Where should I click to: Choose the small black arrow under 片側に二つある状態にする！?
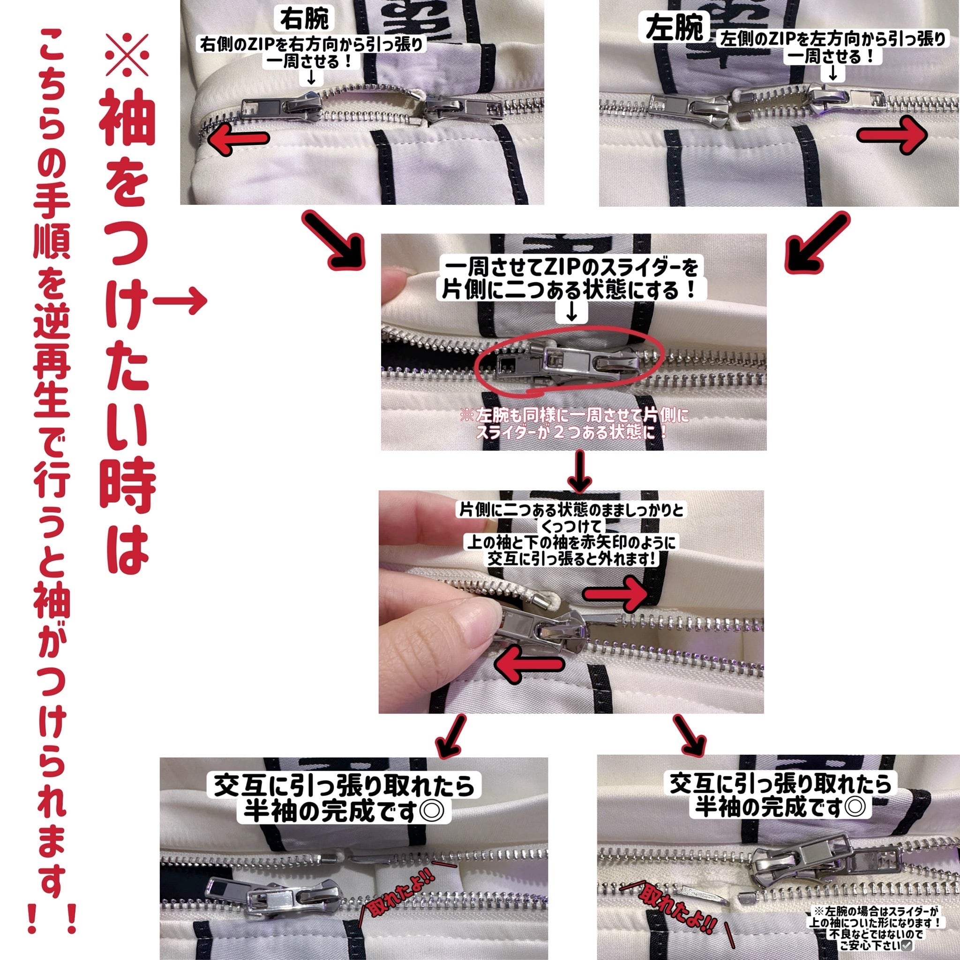click(x=571, y=312)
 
